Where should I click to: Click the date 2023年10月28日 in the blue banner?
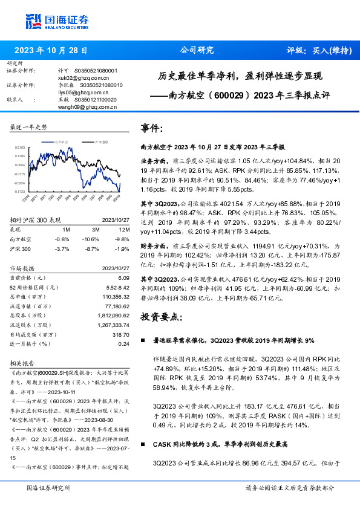pyautogui.click(x=50, y=51)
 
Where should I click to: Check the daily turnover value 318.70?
pyautogui.click(x=121, y=334)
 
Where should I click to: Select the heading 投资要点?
pyautogui.click(x=162, y=317)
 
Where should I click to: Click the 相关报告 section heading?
pyautogui.click(x=23, y=363)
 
